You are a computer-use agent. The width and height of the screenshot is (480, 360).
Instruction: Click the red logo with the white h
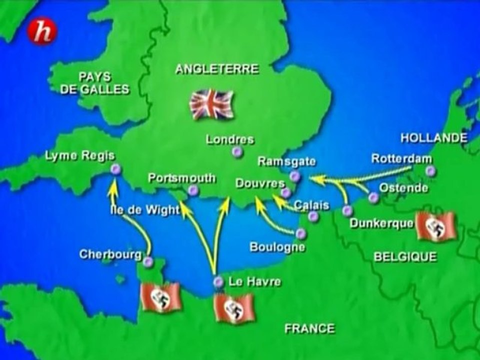pos(42,32)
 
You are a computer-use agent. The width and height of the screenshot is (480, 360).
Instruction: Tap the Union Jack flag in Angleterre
pos(211,104)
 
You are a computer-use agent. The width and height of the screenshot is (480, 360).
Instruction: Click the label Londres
pos(230,139)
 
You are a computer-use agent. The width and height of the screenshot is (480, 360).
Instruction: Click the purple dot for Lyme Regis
pos(116,170)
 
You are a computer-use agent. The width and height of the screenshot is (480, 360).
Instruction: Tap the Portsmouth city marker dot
pos(193,190)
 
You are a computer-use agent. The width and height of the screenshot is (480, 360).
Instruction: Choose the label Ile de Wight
pos(144,210)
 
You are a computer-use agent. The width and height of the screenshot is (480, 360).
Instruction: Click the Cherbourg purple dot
pos(147,261)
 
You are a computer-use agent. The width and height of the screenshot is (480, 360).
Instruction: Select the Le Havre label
pos(254,282)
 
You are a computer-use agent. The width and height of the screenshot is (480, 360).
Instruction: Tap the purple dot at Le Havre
pos(218,282)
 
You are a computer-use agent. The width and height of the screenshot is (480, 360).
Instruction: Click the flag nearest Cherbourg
pos(160,296)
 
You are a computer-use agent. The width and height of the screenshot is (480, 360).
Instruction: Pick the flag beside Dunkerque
pos(436,226)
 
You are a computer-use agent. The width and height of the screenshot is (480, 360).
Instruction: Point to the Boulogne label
pos(277,247)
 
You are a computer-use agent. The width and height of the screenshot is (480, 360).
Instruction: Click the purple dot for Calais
pos(313,216)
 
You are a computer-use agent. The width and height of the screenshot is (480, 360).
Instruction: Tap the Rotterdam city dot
pos(430,171)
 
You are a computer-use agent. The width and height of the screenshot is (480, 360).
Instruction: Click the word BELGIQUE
pos(405,256)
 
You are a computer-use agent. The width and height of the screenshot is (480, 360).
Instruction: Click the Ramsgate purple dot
pos(295,176)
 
